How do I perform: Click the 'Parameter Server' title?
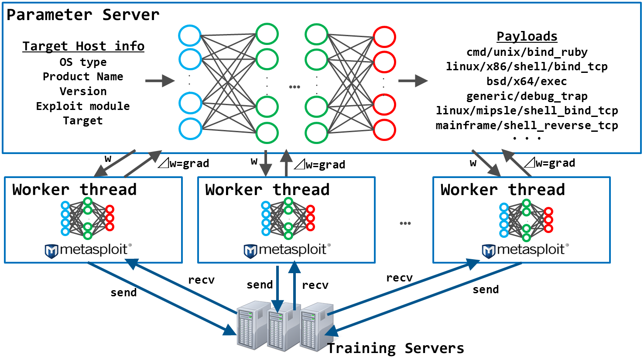pos(83,15)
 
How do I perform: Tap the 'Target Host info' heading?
pos(83,46)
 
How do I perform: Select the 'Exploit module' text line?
pos(83,106)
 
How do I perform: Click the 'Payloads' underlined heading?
pos(527,36)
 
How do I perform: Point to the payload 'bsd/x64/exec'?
pos(527,82)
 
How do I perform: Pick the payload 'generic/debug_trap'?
pos(527,96)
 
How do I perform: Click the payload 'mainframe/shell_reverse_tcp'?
pos(527,126)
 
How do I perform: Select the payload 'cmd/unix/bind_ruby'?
pos(527,52)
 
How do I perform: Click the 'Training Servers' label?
pos(395,348)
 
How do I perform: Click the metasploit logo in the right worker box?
pos(525,250)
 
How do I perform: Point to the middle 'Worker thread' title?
pos(267,190)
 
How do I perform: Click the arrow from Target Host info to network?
pos(160,81)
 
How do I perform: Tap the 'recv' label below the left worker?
pos(201,280)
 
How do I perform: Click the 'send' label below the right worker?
pos(486,290)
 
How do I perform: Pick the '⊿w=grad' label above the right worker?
pos(550,163)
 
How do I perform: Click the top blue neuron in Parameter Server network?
pos(190,35)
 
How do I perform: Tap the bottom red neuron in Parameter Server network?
pos(384,130)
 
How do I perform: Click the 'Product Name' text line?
pos(83,77)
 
